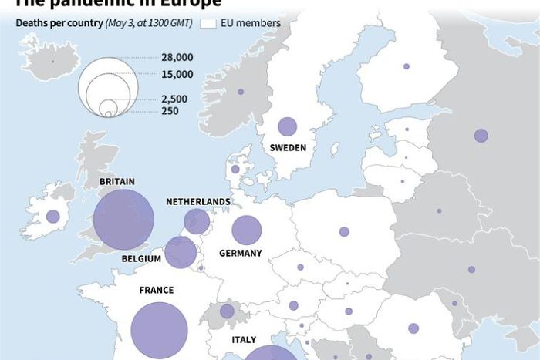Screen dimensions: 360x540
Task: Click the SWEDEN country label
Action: click(x=288, y=148)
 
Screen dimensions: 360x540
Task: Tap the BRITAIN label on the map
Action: click(x=117, y=182)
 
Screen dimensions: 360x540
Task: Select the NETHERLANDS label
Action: click(x=198, y=202)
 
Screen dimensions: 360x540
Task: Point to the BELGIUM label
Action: click(x=141, y=259)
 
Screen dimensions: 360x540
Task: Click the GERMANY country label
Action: click(x=241, y=253)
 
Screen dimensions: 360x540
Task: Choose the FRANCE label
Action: click(x=157, y=291)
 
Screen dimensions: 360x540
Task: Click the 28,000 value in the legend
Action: click(x=177, y=58)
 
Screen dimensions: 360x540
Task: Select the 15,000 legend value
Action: click(x=177, y=74)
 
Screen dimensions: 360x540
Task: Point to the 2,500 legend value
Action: click(x=174, y=99)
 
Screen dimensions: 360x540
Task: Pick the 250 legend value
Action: click(x=170, y=111)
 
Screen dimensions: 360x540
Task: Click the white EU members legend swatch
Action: click(x=208, y=23)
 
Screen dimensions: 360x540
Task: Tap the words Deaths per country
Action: click(x=59, y=23)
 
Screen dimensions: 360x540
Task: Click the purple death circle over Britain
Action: click(x=123, y=220)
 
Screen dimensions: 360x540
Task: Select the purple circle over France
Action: click(x=160, y=331)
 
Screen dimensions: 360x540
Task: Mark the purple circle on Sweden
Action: click(x=288, y=126)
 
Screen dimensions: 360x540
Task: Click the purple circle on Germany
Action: click(x=247, y=230)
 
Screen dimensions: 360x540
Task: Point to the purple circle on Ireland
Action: click(x=52, y=217)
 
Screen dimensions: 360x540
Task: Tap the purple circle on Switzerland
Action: click(x=227, y=311)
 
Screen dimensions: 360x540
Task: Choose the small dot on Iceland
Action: click(x=52, y=61)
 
